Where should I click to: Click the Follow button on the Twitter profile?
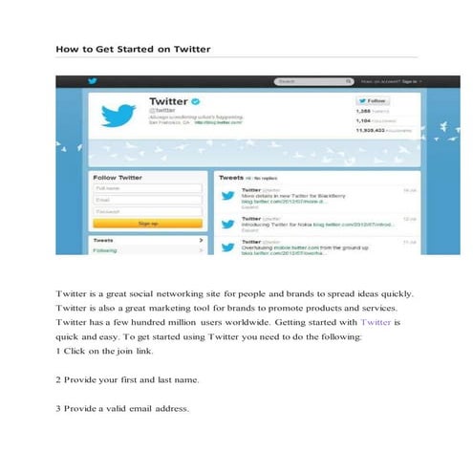click(373, 99)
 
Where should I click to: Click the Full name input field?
click(146, 188)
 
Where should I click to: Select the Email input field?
click(146, 200)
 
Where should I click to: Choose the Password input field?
click(146, 211)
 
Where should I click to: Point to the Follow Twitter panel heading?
click(118, 177)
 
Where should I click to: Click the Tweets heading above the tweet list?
click(232, 177)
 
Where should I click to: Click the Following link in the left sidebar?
click(105, 250)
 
